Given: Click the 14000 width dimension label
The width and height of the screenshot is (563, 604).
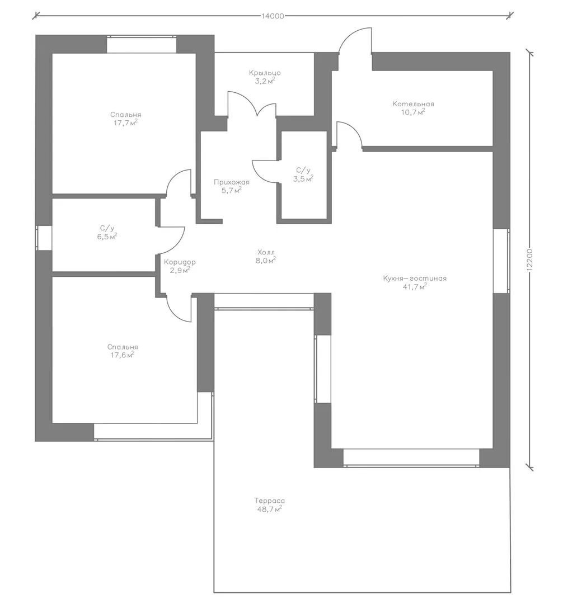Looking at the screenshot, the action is click(273, 16).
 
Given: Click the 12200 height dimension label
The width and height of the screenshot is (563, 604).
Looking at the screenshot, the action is click(529, 260).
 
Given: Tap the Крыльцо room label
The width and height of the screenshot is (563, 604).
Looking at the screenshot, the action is click(265, 73).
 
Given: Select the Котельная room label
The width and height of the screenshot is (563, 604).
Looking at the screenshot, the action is click(413, 103).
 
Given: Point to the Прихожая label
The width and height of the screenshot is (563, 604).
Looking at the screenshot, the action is click(232, 182).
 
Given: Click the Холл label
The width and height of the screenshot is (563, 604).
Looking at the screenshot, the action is click(266, 252).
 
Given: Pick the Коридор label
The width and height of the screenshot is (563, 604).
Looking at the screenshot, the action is click(180, 262).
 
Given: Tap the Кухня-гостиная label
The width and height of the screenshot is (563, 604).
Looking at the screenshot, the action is click(415, 278).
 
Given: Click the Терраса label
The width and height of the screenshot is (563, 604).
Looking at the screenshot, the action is click(270, 501).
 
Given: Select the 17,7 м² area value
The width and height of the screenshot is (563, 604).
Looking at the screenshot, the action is click(125, 123).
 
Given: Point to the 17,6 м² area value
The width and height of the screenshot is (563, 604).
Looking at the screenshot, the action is click(123, 355).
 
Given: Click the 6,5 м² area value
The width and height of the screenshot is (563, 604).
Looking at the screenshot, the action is click(107, 237).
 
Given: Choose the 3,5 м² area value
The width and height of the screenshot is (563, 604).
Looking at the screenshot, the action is click(303, 178).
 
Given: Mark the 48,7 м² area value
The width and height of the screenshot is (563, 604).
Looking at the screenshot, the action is click(269, 509).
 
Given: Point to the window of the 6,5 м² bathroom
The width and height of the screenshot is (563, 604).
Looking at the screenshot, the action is click(44, 238).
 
